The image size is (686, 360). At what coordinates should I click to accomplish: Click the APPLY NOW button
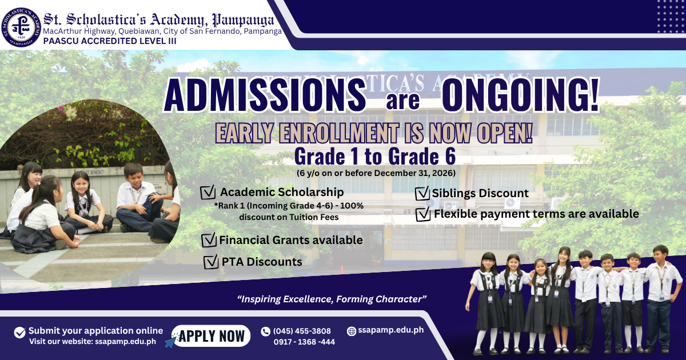tap(211, 336)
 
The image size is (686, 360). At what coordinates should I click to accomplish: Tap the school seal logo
tap(21, 27)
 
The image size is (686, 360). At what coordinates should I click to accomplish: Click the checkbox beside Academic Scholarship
tap(208, 192)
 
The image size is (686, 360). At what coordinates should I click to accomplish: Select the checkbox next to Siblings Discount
tap(422, 193)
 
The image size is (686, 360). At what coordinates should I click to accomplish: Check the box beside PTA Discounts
tap(211, 262)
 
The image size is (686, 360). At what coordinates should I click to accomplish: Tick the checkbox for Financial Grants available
tap(209, 240)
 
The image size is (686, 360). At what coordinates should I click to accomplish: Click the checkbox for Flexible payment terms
tap(423, 214)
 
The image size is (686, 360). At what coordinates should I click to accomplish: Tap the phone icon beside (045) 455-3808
tap(265, 331)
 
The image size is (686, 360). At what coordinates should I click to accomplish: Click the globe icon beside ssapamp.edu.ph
tap(351, 331)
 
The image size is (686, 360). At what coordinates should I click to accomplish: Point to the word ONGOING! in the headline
tap(520, 95)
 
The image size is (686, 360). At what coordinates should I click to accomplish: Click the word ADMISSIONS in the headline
tap(265, 95)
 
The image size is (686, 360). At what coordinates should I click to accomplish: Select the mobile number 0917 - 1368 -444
tap(304, 342)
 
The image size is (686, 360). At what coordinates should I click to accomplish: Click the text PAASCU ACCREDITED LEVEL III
tap(110, 41)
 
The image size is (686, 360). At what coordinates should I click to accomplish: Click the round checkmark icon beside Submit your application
tap(19, 333)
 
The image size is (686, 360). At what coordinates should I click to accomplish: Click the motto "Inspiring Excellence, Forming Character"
tap(332, 299)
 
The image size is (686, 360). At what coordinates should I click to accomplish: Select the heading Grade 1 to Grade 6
tap(375, 157)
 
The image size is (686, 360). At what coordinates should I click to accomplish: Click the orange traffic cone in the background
tap(342, 270)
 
